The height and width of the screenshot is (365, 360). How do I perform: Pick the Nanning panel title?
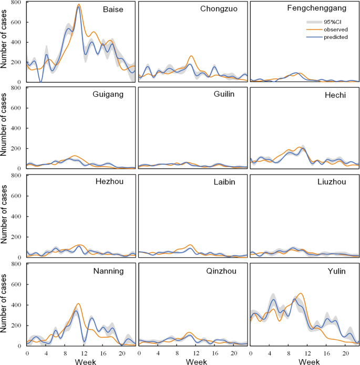pos(108,271)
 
